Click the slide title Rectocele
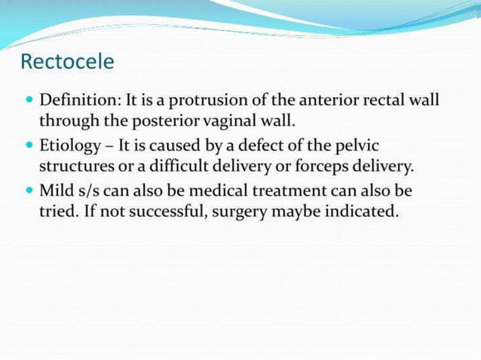[67, 61]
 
